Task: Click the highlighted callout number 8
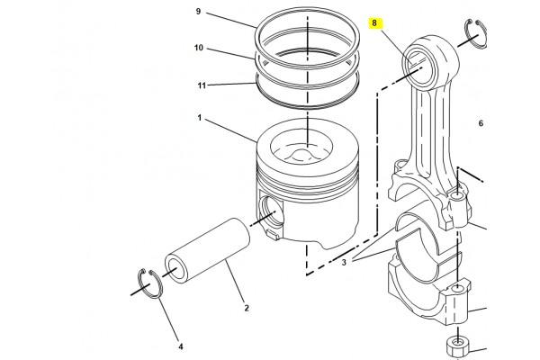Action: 374,23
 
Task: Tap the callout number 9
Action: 198,12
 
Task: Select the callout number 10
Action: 199,48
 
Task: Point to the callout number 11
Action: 202,85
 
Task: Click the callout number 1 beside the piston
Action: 200,118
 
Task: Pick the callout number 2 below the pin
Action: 247,308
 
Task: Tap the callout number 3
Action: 344,263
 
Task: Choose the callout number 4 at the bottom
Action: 181,346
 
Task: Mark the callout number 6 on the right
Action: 481,123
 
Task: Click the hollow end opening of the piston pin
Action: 175,269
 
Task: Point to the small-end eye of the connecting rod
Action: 418,67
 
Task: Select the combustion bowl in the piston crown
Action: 301,149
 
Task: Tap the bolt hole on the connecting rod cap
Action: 457,287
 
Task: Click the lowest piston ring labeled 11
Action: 308,90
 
